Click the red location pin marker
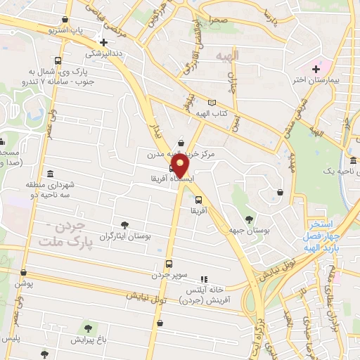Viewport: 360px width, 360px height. (181, 166)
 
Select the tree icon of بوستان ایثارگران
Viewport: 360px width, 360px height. (124, 226)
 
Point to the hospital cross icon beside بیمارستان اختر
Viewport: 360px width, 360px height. (316, 69)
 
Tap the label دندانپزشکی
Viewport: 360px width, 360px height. (105, 53)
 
